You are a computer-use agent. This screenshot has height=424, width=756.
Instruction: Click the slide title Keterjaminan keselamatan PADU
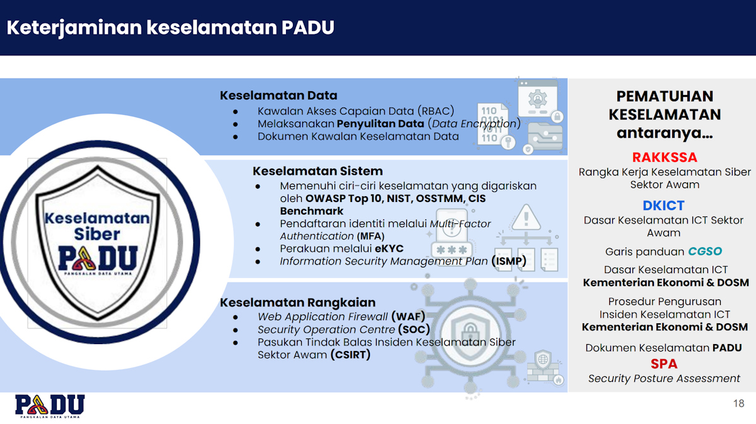[170, 28]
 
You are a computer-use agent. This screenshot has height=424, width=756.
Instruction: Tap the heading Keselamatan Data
[278, 96]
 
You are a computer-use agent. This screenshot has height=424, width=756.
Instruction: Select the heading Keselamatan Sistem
[318, 171]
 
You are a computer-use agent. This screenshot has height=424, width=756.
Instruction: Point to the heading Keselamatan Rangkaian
[297, 303]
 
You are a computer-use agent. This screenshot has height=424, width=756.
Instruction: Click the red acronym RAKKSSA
[665, 157]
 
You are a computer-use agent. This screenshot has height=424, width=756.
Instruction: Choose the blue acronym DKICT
[663, 206]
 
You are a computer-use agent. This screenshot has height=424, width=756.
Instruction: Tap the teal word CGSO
[704, 252]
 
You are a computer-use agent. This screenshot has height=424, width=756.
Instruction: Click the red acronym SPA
[664, 364]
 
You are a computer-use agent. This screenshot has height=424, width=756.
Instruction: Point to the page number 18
[738, 403]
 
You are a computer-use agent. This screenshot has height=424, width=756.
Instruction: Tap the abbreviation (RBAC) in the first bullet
[435, 111]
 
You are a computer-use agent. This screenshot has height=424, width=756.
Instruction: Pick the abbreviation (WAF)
[408, 316]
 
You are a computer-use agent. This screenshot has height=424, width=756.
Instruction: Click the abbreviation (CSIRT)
[350, 355]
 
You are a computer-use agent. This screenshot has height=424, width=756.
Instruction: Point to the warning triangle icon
[526, 217]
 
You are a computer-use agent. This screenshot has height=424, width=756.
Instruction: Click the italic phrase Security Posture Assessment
[664, 378]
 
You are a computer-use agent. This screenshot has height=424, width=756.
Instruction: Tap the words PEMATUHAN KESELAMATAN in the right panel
[665, 105]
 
